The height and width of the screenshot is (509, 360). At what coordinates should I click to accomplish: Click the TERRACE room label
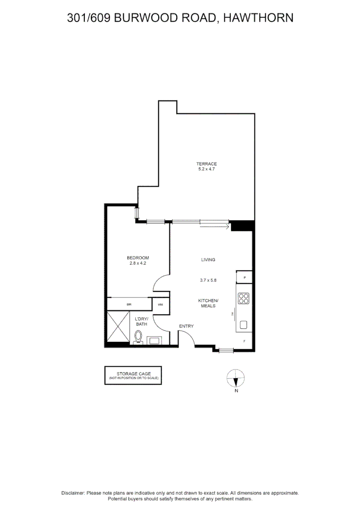click(x=206, y=164)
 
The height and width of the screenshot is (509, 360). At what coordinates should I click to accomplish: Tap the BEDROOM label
click(x=138, y=258)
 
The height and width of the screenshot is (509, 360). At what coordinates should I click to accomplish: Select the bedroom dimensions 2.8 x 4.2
click(x=138, y=263)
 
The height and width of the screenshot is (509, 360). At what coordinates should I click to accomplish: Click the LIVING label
click(x=208, y=260)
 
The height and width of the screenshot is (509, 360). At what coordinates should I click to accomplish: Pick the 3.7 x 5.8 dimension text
click(x=208, y=280)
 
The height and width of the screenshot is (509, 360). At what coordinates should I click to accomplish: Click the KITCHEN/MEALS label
click(x=208, y=303)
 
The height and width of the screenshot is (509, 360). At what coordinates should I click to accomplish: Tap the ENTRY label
click(x=186, y=326)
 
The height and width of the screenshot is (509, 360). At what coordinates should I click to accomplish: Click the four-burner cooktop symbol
click(x=244, y=298)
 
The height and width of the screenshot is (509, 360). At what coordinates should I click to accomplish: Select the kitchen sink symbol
click(x=244, y=325)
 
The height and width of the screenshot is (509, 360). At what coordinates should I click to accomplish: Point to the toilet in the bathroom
click(x=139, y=337)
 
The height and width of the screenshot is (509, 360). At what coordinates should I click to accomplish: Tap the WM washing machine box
click(x=160, y=304)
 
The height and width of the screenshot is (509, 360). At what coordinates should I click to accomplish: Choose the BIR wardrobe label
click(x=129, y=304)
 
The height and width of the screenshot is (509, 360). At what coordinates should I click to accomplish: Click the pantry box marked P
click(x=245, y=278)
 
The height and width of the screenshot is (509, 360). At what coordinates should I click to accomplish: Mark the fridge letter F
click(x=244, y=340)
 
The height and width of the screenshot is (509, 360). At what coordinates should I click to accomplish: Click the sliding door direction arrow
click(x=214, y=227)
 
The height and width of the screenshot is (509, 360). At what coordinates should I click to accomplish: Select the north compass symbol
click(x=236, y=378)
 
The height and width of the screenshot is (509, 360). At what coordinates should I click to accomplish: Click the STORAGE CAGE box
click(x=133, y=375)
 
